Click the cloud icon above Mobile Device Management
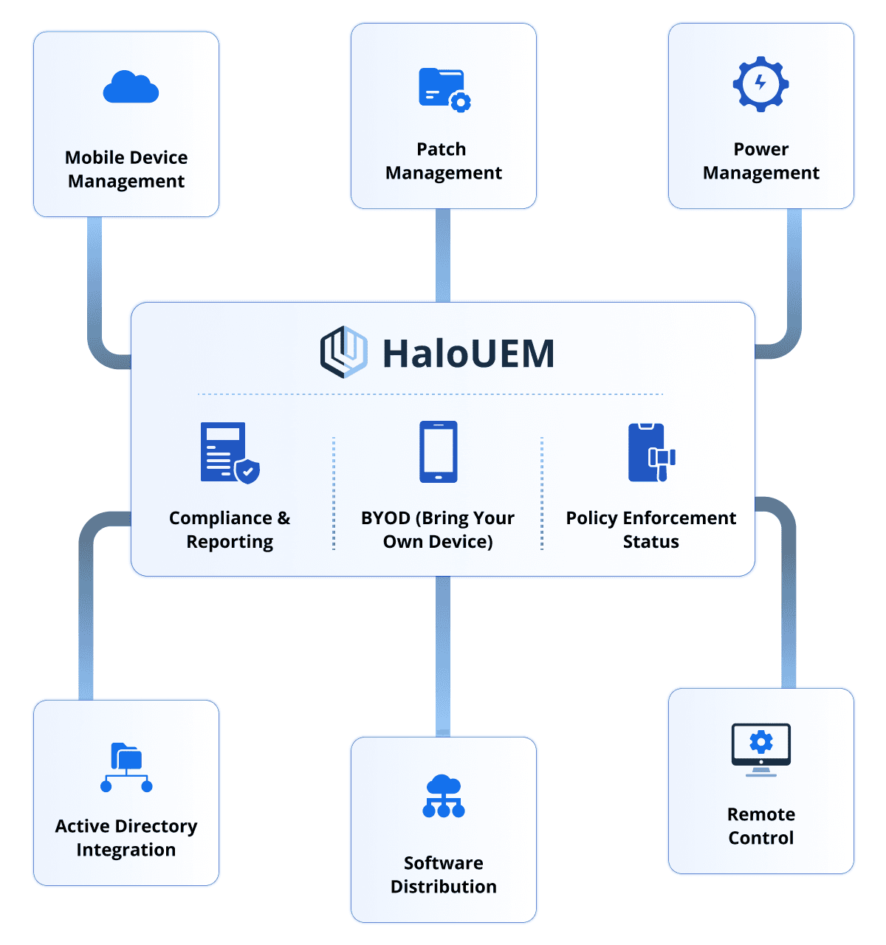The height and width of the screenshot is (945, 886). pos(131,87)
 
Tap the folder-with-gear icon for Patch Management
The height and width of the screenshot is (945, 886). pos(444,89)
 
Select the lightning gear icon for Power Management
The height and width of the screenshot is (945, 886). pos(760,84)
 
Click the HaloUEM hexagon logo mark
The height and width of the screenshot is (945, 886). pos(344,352)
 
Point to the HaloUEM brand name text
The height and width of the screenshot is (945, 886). pos(468,354)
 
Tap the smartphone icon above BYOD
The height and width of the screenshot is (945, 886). pos(438,452)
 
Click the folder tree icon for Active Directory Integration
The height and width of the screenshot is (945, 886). pos(126,768)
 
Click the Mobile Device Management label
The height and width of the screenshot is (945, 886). pos(126,169)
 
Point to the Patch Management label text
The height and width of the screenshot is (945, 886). pos(444,161)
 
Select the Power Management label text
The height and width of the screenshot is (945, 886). pos(760,161)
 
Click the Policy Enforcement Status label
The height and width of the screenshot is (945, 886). pos(650,529)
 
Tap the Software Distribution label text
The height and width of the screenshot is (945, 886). pos(444,875)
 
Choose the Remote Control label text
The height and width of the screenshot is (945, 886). pos(760,826)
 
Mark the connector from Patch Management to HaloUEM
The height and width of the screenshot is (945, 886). pos(443,255)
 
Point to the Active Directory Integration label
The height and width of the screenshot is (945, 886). pos(126,838)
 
